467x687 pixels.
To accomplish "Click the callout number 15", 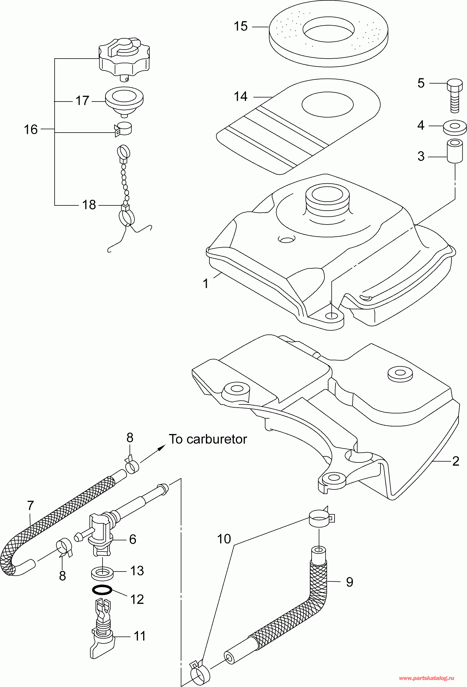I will coord(240,26).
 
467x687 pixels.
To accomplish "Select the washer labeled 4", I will coord(455,127).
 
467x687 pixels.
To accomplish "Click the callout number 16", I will coord(31,129).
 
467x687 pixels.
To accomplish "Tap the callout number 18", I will coord(89,205).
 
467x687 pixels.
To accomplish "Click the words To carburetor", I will coord(208,439).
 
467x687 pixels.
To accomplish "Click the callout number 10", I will coord(224,539).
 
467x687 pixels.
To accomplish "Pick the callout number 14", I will coord(240,96).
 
